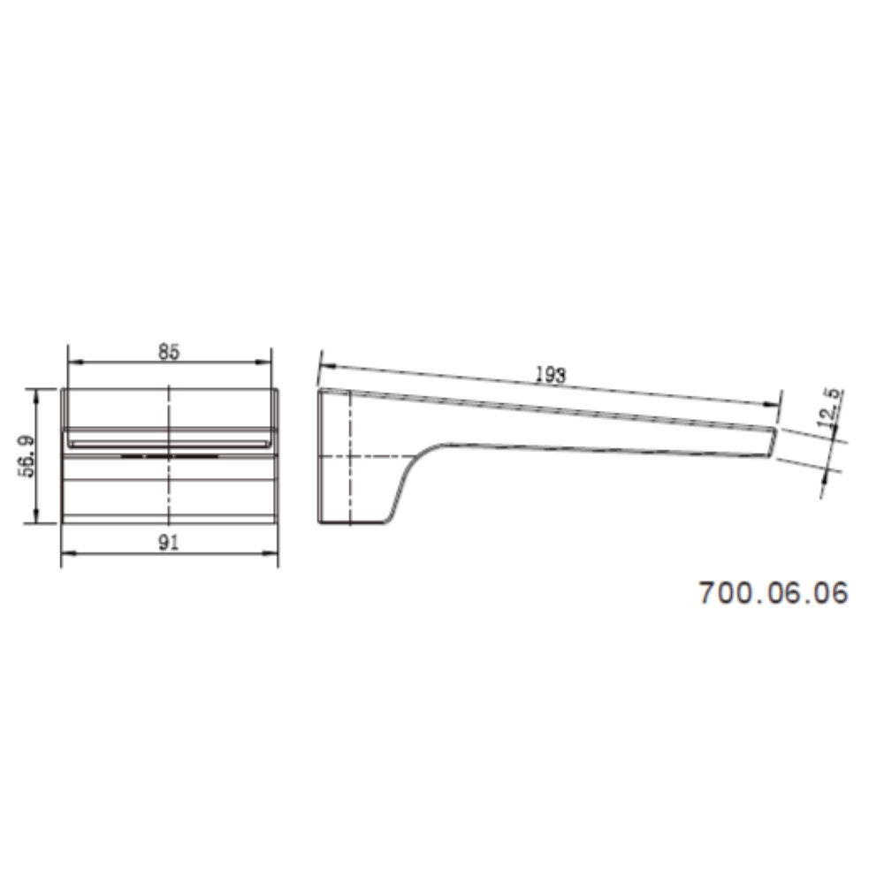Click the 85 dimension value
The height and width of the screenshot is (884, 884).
pos(169,352)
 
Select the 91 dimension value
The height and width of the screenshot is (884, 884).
pos(169,543)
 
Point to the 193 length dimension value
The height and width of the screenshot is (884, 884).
pos(550,376)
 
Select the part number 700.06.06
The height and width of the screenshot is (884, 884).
pos(773,593)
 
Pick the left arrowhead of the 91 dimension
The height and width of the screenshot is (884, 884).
pos(69,553)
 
